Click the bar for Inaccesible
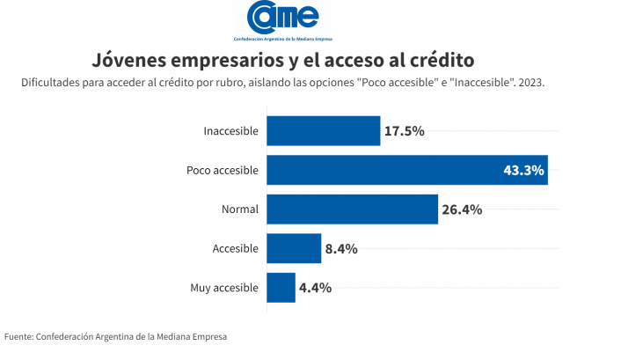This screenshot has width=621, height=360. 323,131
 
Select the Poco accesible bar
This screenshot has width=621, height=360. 406,170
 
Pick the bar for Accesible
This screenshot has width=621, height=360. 294,248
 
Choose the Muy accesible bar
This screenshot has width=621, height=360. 281,288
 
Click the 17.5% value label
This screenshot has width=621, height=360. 405,131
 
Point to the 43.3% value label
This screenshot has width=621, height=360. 523,170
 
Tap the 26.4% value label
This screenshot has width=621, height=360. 462,209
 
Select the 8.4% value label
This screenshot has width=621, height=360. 340,248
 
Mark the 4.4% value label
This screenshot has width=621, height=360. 315,288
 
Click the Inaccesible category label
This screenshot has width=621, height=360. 230,131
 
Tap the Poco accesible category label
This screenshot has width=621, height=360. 223,170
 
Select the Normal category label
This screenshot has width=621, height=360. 240,209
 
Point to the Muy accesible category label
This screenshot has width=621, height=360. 224,288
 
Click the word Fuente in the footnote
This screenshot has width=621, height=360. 18,335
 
